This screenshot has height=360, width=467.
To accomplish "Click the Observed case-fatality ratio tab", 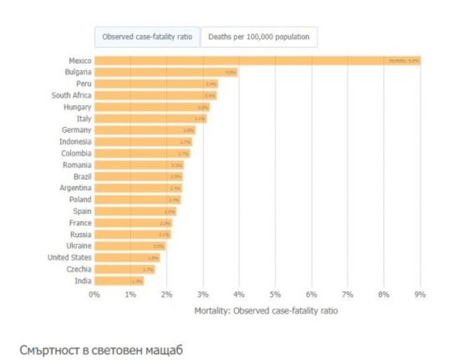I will coord(147,37).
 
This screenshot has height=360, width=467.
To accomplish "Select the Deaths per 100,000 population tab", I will coord(258,37).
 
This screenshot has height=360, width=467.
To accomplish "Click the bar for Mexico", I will coord(257,60).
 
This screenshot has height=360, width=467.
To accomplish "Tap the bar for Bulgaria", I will coord(166,72).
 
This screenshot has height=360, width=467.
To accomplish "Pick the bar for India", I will coord(119,281).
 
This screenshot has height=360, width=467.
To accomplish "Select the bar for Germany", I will coord(144,130).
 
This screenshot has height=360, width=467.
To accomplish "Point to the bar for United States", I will coord(127,258).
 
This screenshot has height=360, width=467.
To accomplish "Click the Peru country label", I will coord(83,83).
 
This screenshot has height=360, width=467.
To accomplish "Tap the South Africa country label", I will coord(71,95).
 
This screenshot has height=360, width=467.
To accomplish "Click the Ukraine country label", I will coord(77,246).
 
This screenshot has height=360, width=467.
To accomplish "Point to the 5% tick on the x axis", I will coord(275,294).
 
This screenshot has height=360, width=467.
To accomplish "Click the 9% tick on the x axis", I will coord(420,294).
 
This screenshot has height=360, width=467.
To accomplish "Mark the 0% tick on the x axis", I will coord(94,294).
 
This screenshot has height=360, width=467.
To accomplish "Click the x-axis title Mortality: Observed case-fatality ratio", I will coord(266,310).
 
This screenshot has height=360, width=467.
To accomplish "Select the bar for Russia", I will coord(133,234).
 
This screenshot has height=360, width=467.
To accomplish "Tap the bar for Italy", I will coord(150,118).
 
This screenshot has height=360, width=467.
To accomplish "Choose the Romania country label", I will coord(77,165).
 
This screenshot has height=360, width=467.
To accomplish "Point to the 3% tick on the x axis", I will coord(203,294).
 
